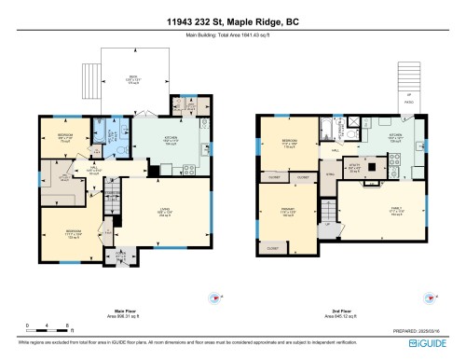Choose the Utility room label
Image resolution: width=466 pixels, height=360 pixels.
[x=353, y=169]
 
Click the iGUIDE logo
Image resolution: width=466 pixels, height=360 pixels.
[x=432, y=344]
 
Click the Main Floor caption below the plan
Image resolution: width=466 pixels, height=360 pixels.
[x=122, y=312]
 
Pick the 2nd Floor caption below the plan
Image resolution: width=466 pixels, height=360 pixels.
[x=337, y=312]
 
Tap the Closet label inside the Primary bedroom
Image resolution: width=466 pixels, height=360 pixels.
[x=272, y=249]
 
